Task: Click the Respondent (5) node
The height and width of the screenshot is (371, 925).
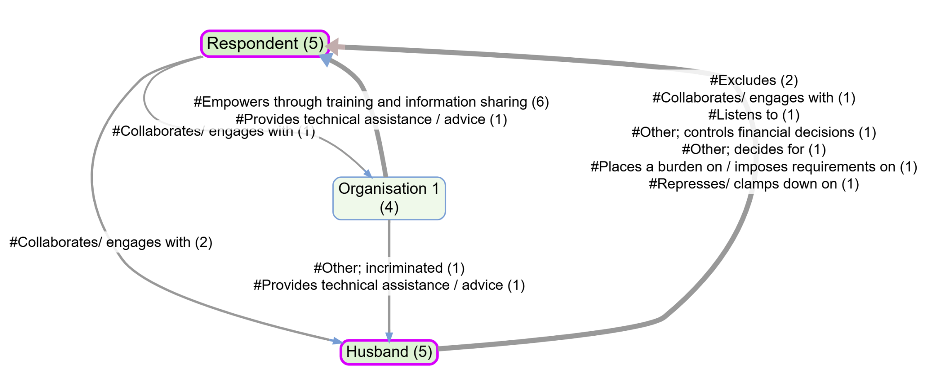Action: (265, 44)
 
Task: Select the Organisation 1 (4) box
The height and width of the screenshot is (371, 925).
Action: (389, 198)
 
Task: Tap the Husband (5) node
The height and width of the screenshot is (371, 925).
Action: (389, 352)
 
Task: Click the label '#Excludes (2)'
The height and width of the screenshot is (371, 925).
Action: (754, 80)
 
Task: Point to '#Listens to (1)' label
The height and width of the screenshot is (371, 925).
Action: (754, 115)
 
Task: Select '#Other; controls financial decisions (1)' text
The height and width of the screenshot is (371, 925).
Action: (754, 132)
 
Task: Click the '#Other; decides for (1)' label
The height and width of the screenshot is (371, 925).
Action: (754, 149)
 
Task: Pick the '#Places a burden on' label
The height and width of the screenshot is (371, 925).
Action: (754, 166)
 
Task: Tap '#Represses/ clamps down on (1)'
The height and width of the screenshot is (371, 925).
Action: (754, 184)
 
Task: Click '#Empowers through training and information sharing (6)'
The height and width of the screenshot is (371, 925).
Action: (371, 102)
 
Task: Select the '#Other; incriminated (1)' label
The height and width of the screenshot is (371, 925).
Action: (389, 268)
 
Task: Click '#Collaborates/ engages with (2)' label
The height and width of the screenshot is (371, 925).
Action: (111, 242)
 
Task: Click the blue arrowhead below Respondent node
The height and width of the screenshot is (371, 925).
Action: (327, 60)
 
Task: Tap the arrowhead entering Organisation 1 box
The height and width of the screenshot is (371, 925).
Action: (368, 173)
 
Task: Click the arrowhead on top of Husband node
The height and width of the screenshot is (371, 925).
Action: (389, 337)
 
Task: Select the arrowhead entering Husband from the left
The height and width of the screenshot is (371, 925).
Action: (336, 341)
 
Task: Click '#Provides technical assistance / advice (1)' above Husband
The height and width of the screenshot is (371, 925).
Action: (389, 285)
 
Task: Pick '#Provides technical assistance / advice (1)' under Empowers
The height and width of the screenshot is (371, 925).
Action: (371, 119)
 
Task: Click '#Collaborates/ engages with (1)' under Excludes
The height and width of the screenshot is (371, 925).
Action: (754, 98)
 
